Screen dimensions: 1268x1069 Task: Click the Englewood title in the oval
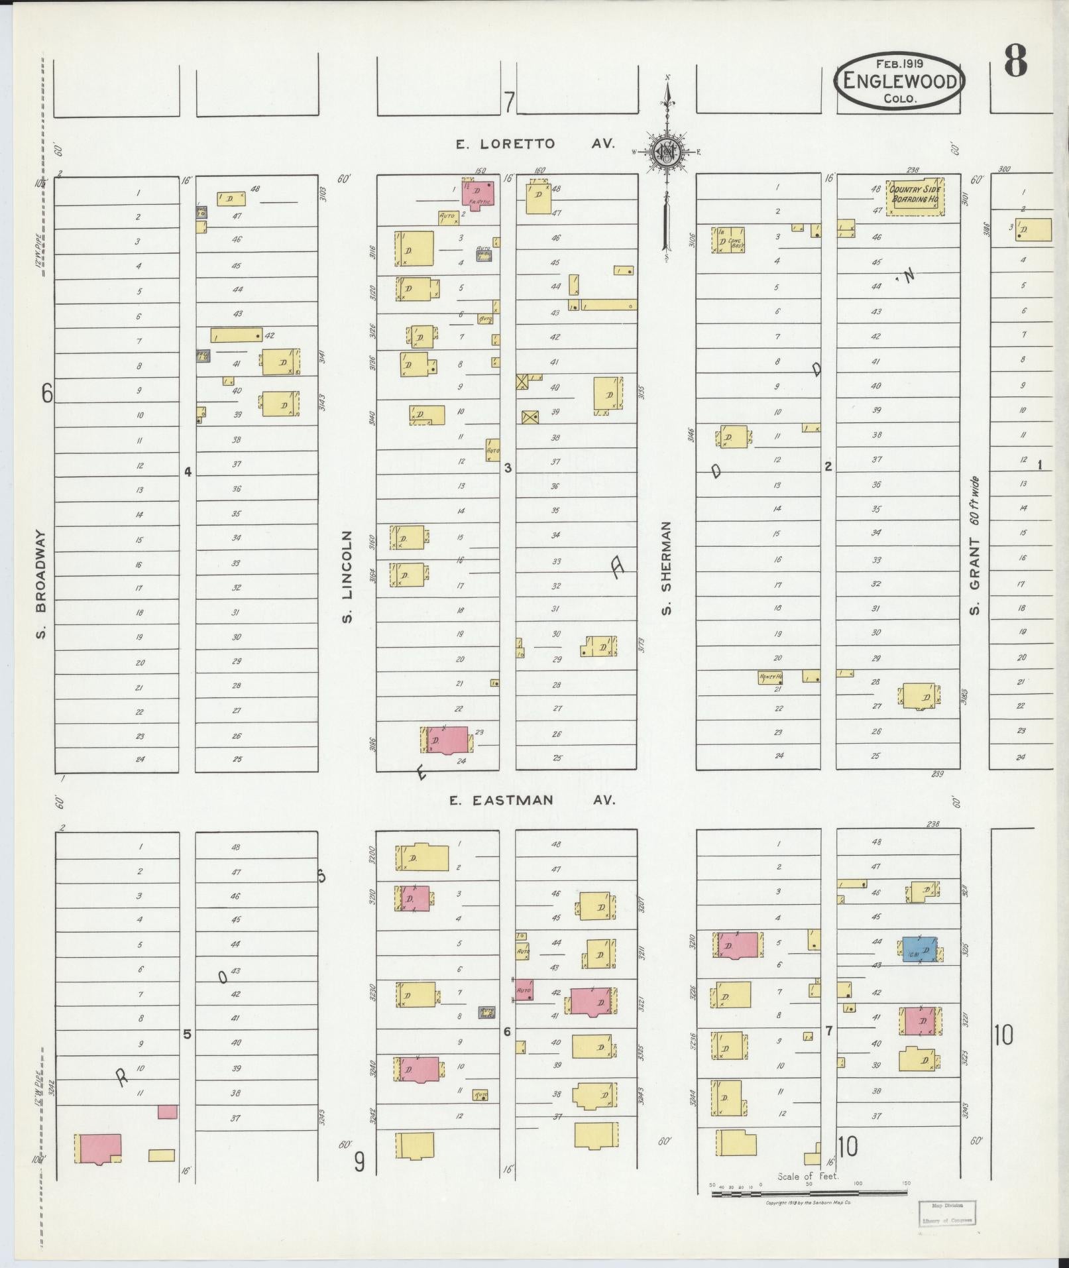tap(899, 81)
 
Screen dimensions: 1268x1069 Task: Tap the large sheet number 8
tap(1014, 63)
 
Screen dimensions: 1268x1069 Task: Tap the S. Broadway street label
tap(41, 584)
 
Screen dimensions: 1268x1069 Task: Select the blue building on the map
tap(919, 949)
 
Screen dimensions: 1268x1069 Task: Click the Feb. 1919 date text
tap(899, 64)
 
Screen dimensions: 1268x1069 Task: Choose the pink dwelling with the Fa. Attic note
tap(477, 193)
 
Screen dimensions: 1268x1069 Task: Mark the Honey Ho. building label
tap(771, 677)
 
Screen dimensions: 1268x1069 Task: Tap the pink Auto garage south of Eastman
tap(525, 991)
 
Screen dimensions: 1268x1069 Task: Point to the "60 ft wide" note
tap(974, 501)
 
